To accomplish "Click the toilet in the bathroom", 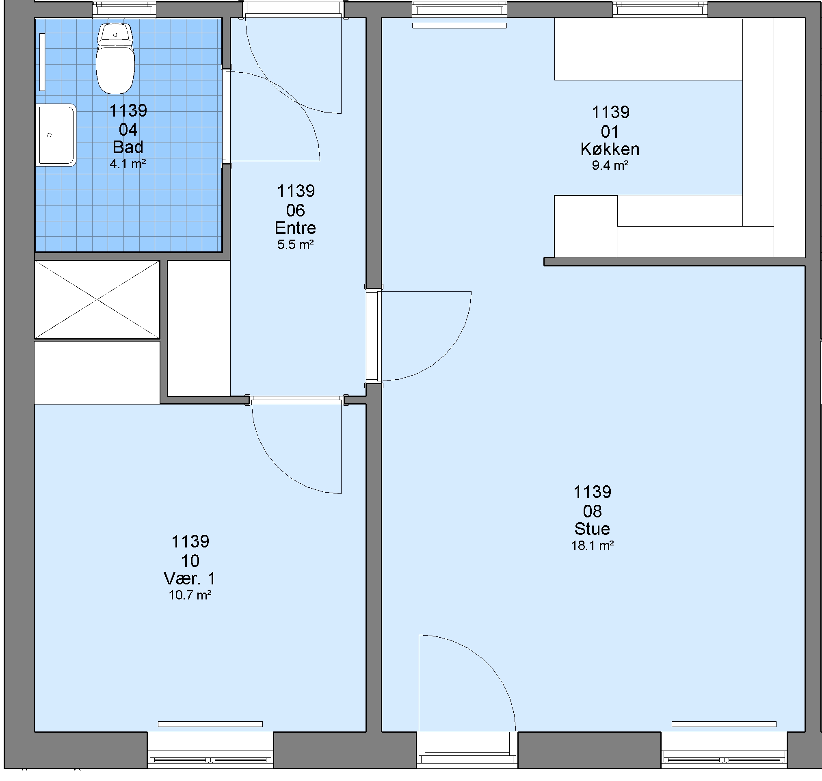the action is click(115, 59).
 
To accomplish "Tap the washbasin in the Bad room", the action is click(56, 135).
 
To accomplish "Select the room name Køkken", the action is click(610, 149).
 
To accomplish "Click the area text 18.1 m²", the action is click(592, 545).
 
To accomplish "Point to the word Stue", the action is click(592, 529).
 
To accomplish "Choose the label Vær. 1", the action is click(190, 578).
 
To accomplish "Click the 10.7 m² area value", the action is click(190, 595).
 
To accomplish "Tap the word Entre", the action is click(295, 228).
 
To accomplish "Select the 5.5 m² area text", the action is click(295, 244).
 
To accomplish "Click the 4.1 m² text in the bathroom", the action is click(128, 164).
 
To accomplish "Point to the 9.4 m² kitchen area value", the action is click(610, 165).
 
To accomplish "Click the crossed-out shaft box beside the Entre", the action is click(97, 300).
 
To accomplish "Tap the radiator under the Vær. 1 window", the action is click(210, 724).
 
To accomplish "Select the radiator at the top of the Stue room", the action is click(459, 26).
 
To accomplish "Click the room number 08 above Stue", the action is click(592, 511).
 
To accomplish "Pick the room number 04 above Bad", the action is click(128, 130).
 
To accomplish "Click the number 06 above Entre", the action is click(295, 210).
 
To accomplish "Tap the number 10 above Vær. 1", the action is click(190, 561).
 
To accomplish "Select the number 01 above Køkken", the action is click(610, 132).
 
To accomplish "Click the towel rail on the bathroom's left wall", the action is click(42, 62).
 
